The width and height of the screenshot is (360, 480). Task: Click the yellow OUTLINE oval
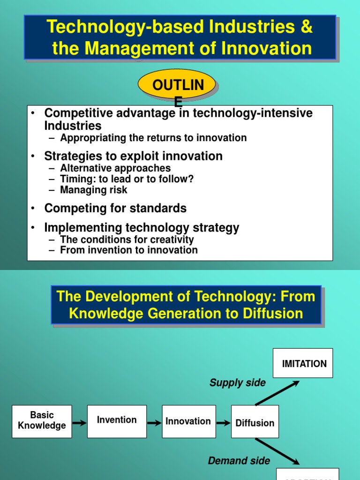177,86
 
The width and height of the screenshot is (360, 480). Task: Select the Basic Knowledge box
42,421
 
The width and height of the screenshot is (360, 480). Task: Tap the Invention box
117,421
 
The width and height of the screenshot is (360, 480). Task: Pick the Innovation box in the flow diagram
188,421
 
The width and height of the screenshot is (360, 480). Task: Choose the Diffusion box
255,422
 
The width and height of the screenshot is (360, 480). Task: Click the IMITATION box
304,363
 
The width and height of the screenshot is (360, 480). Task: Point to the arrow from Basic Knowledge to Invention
80,423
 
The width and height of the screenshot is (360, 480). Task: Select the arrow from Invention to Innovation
154,423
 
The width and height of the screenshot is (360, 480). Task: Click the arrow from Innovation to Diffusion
224,423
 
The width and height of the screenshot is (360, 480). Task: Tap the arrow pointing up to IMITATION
277,393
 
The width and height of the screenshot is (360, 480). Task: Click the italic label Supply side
237,383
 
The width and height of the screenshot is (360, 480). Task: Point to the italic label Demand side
239,461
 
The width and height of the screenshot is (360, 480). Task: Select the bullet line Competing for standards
115,208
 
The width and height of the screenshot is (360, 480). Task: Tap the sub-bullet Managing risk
94,190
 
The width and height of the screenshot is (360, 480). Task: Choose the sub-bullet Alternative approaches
115,168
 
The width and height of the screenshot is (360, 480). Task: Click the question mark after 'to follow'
191,179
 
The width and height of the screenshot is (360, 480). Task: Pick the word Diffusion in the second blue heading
272,314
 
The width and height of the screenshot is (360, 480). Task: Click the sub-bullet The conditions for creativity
127,240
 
